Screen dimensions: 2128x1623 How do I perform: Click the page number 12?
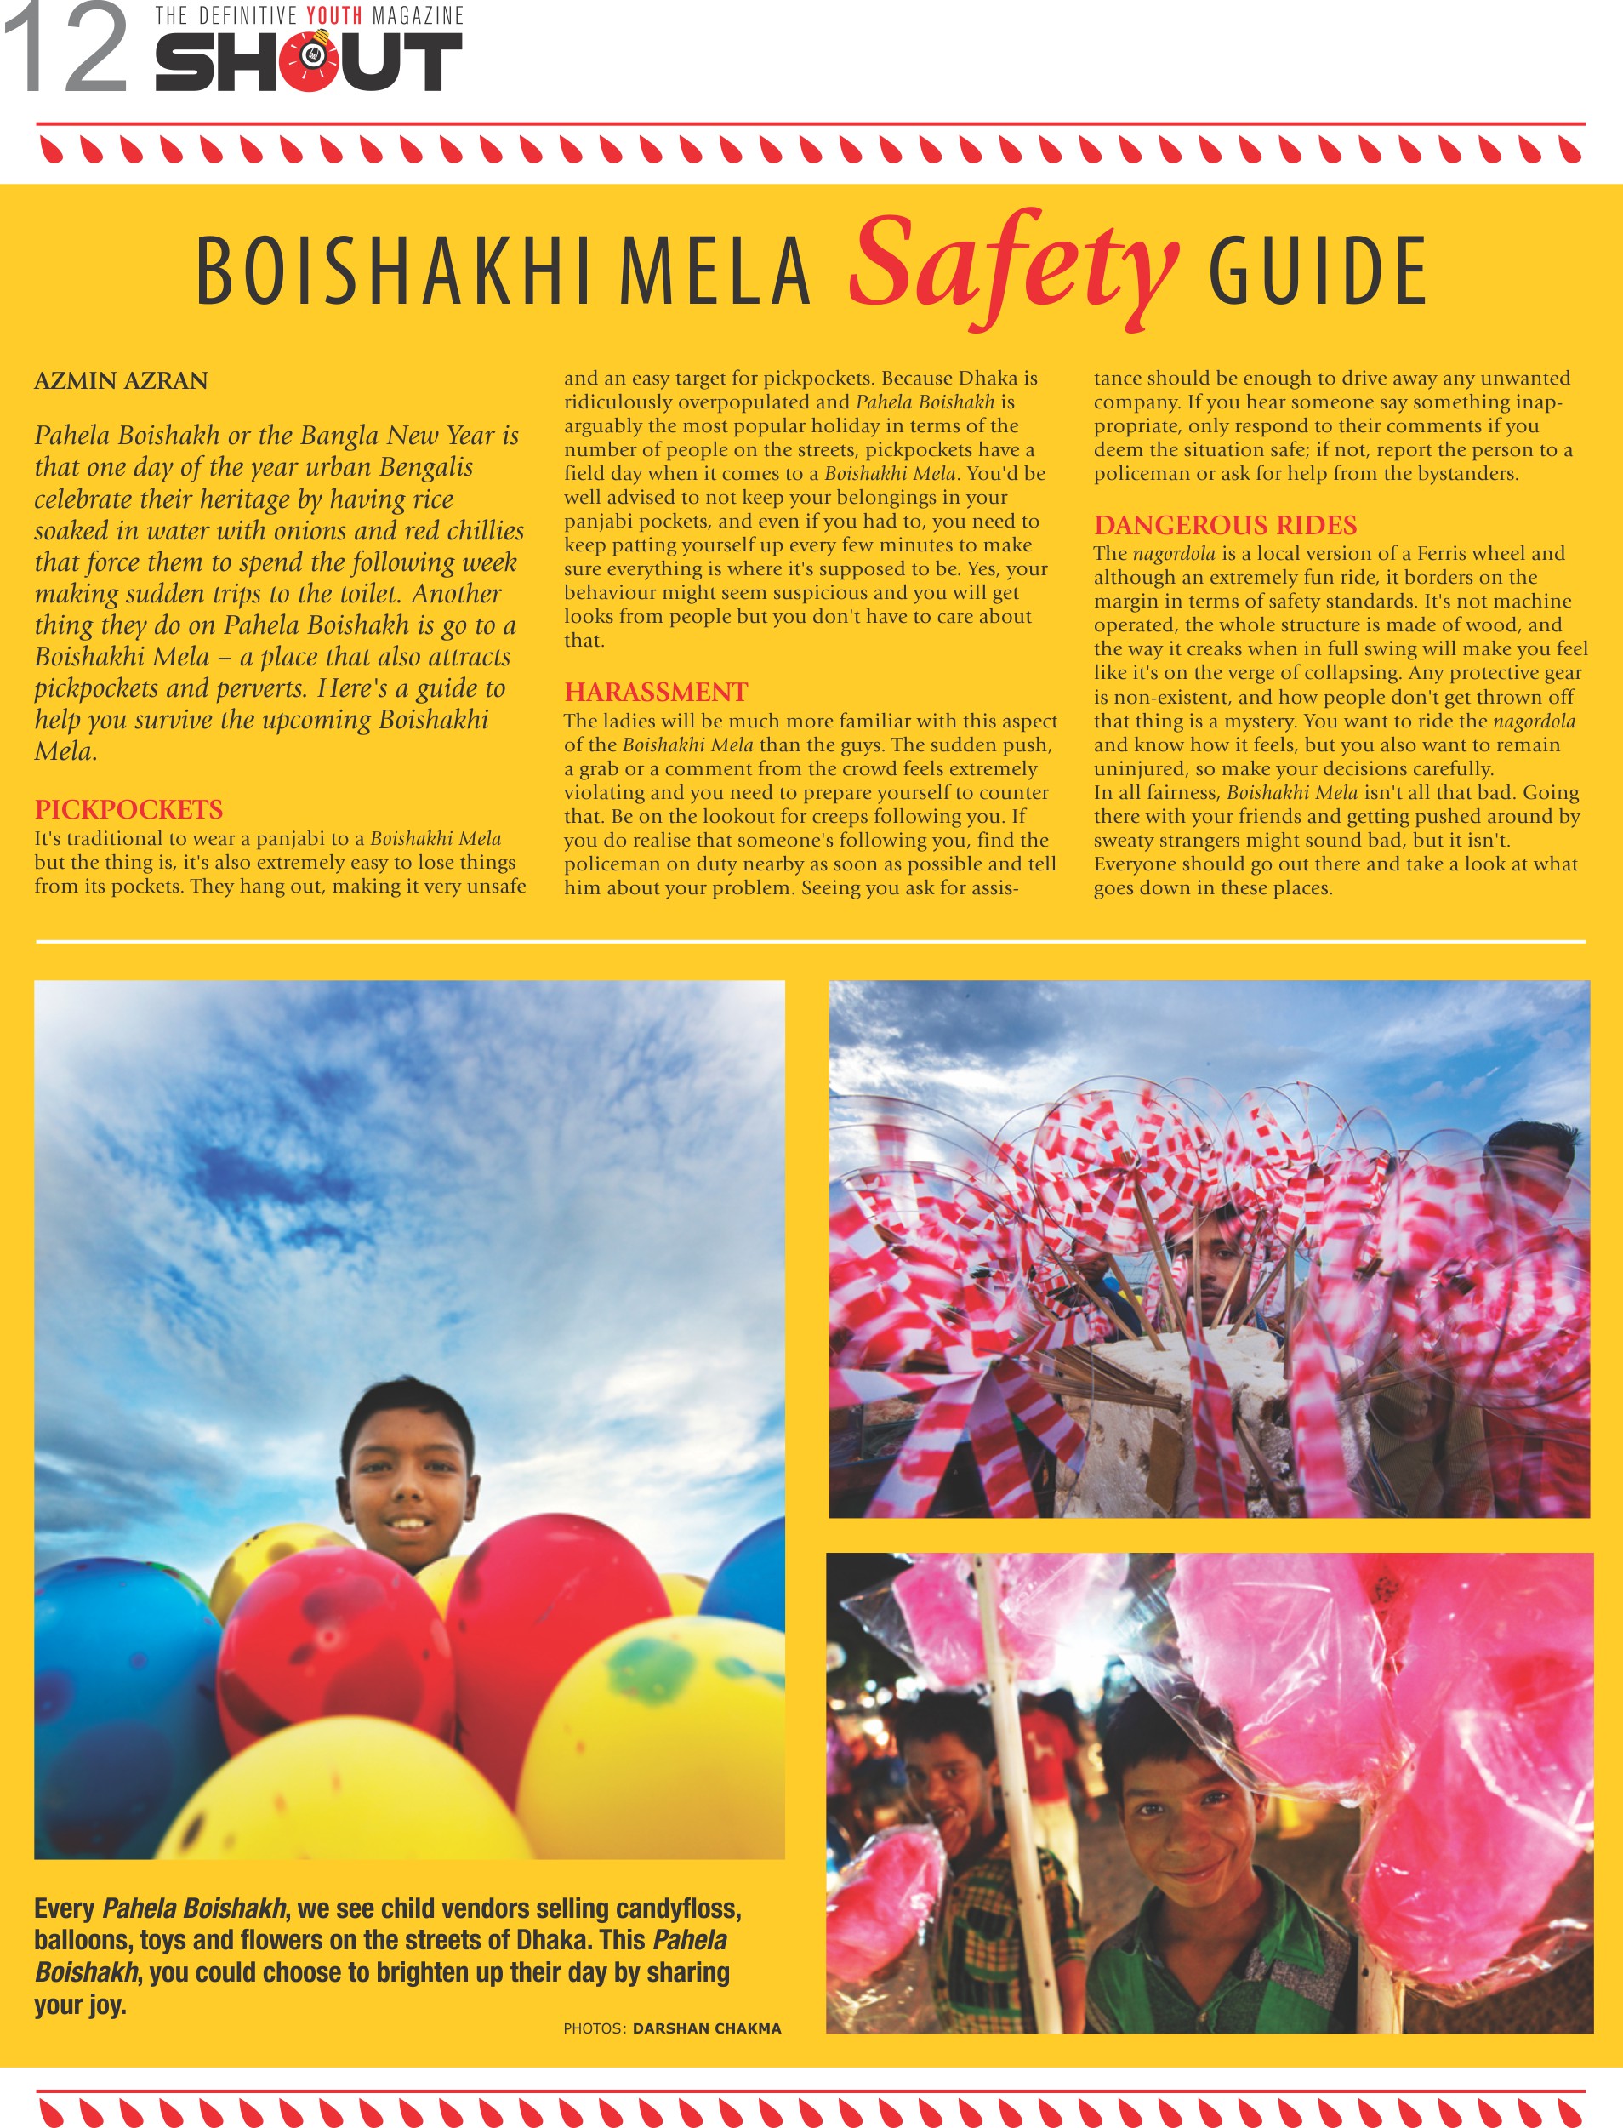[x=65, y=48]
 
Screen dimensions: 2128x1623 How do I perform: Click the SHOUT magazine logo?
[x=308, y=62]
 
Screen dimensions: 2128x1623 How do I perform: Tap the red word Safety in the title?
[x=1013, y=265]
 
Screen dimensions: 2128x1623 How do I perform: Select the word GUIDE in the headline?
[x=1318, y=271]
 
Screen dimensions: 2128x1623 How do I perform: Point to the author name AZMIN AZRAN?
[x=121, y=380]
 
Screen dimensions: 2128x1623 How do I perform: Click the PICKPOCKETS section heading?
[x=128, y=809]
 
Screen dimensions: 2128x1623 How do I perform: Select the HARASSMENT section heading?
[x=656, y=692]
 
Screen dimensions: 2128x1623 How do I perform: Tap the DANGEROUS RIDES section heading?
[x=1225, y=525]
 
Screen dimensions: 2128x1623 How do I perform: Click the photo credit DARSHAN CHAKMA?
[x=706, y=2028]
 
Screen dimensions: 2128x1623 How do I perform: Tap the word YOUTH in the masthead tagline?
[x=333, y=15]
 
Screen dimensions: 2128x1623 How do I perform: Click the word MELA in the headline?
[x=715, y=271]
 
